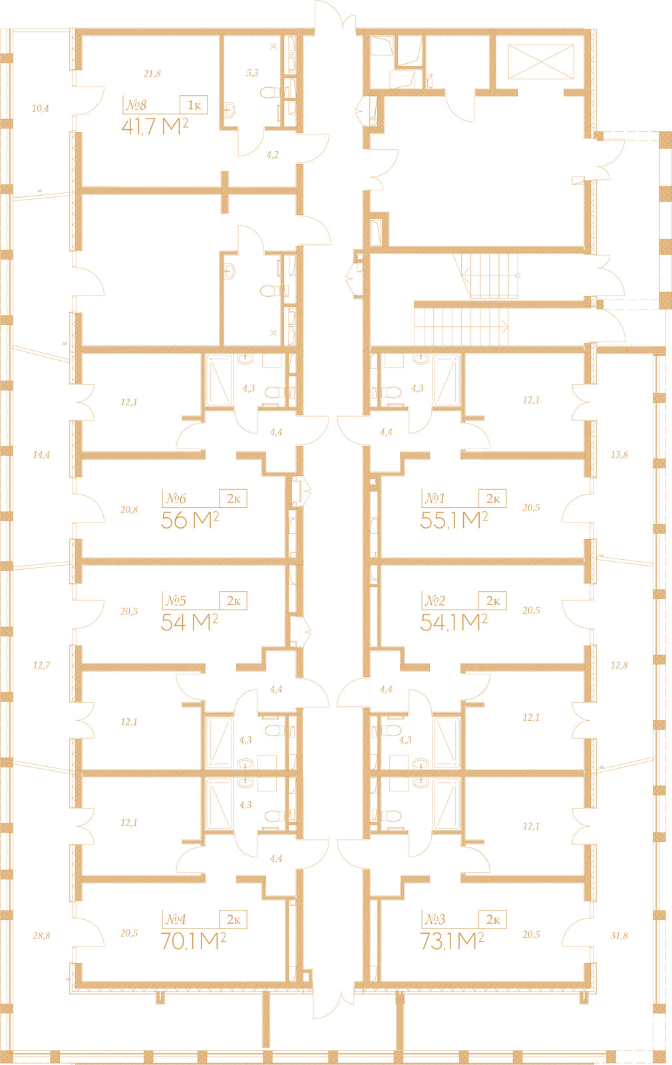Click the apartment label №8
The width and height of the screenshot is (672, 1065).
point(136,105)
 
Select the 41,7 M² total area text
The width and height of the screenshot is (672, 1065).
point(155,126)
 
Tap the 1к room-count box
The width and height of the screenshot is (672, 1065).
point(194,105)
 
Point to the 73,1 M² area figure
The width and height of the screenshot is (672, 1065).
point(452,941)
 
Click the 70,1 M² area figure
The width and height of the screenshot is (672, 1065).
point(193,941)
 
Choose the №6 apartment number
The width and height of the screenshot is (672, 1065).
point(176,499)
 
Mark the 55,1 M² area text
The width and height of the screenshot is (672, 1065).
point(454,520)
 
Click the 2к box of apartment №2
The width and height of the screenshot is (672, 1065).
point(492,601)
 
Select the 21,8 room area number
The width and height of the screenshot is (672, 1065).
point(152,74)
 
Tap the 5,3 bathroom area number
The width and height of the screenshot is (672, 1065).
point(252,73)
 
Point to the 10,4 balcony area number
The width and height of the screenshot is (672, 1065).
point(41,108)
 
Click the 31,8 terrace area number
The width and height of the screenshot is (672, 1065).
point(619,936)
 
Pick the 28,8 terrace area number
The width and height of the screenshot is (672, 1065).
point(41,936)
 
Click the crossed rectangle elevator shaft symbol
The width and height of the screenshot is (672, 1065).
point(542,62)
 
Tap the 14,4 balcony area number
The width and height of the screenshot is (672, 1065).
point(41,455)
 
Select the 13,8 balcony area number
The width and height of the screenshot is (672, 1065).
point(619,455)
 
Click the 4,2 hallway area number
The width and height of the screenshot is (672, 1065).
point(272,154)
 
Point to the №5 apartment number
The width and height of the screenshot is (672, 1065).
point(176,601)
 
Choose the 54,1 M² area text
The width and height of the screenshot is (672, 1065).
point(454,622)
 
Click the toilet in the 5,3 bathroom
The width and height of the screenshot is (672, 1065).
point(271,92)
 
